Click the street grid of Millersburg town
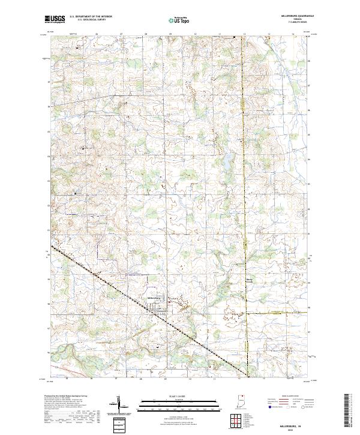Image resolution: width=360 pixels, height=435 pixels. [x=161, y=310]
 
